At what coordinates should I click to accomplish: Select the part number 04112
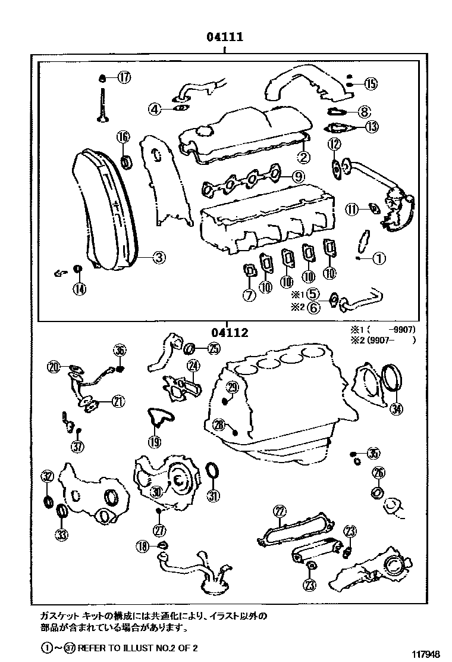(228, 333)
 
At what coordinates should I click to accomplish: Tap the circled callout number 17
(123, 77)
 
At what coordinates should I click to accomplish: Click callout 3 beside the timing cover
(159, 258)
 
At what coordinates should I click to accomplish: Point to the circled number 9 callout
(298, 176)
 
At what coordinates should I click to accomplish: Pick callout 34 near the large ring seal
(397, 408)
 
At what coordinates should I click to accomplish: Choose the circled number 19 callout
(154, 441)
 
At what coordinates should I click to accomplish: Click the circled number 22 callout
(280, 510)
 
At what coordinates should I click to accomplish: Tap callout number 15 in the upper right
(370, 84)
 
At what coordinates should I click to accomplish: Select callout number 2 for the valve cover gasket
(303, 157)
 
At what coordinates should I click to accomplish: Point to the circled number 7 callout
(249, 295)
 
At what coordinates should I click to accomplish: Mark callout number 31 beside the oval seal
(213, 495)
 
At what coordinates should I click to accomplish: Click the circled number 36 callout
(120, 351)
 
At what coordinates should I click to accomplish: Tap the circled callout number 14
(79, 289)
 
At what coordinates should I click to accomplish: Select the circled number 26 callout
(378, 473)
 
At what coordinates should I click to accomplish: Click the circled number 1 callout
(379, 258)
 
